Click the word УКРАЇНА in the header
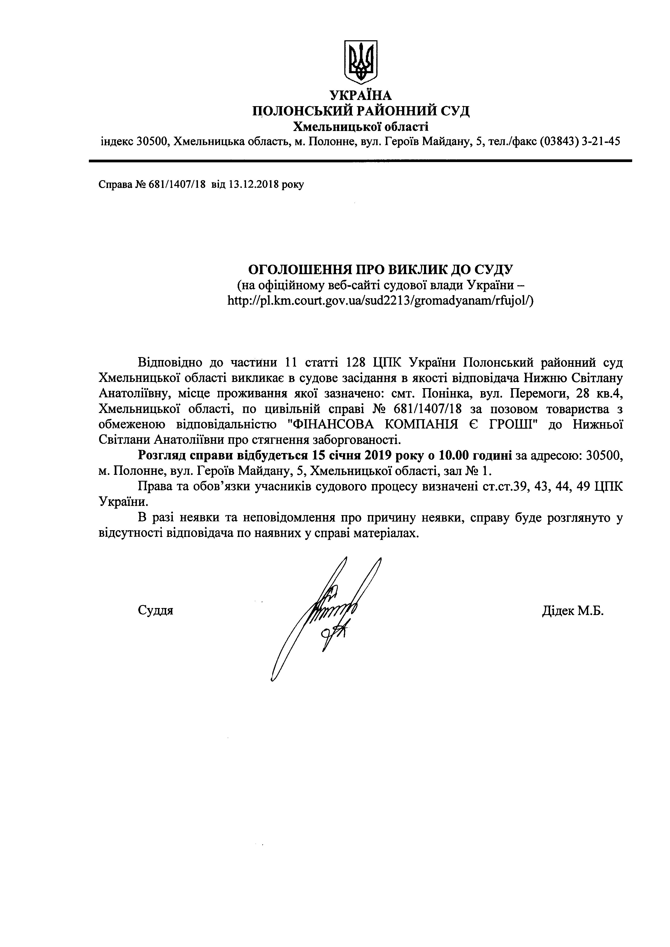point(360,96)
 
